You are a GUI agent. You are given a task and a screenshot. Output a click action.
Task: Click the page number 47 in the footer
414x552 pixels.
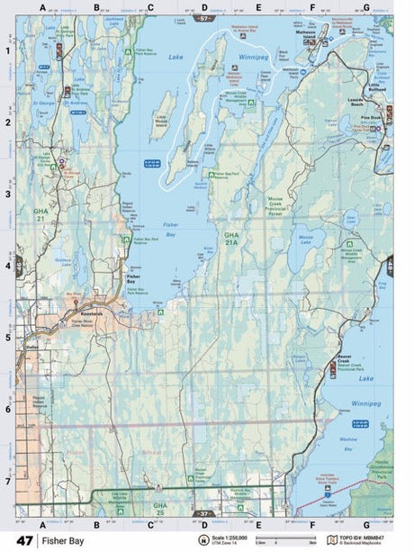pos(24,540)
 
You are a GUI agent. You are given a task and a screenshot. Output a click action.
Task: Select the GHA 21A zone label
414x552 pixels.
pos(232,238)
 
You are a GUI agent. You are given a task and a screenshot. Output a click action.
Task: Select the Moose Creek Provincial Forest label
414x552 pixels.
pos(277,208)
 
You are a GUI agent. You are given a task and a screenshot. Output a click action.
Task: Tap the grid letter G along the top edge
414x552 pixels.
pos(365,8)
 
